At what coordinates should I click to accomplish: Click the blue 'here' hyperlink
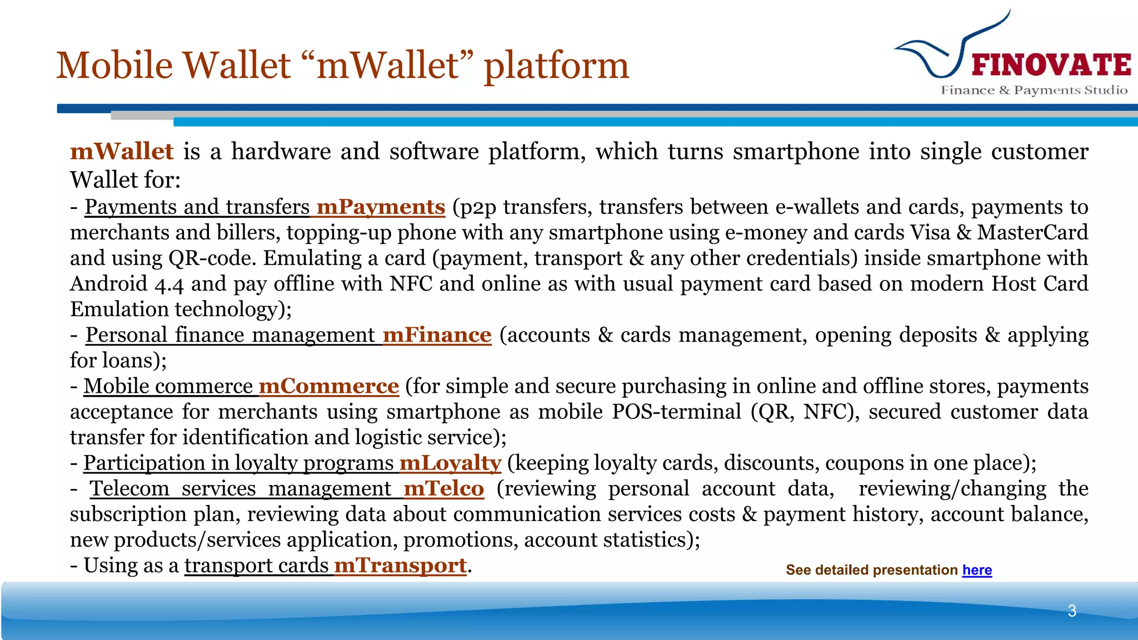coord(977,570)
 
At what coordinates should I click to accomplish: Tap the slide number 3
coord(1072,611)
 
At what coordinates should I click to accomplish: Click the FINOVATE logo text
coord(1051,65)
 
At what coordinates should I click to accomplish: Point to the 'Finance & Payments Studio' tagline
coord(1034,90)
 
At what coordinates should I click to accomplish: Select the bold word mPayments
coord(381,207)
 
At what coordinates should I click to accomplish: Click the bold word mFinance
coord(437,335)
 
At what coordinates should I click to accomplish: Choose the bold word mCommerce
coord(328,386)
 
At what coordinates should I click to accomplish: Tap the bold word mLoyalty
coord(450,463)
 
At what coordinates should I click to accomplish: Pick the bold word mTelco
coord(443,488)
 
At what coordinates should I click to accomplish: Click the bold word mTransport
coord(400,566)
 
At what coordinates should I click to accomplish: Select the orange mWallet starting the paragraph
coord(122,152)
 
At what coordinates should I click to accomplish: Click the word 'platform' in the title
coord(556,66)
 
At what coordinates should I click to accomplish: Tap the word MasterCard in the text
coord(1032,232)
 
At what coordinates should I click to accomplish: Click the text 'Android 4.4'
coord(127,284)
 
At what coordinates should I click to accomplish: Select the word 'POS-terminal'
coord(676,412)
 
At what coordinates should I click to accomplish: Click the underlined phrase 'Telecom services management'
coord(241,488)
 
